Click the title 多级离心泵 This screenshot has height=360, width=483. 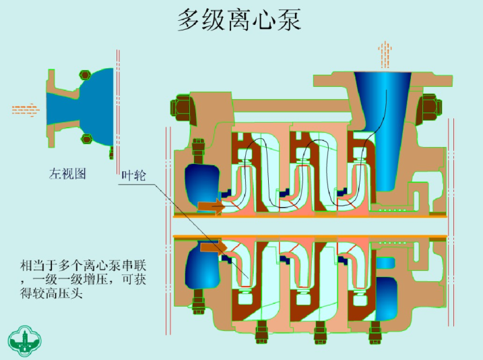point(238,20)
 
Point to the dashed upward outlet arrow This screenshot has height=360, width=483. point(385,54)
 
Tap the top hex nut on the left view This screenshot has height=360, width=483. point(86,74)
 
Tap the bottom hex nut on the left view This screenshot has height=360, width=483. point(86,139)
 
